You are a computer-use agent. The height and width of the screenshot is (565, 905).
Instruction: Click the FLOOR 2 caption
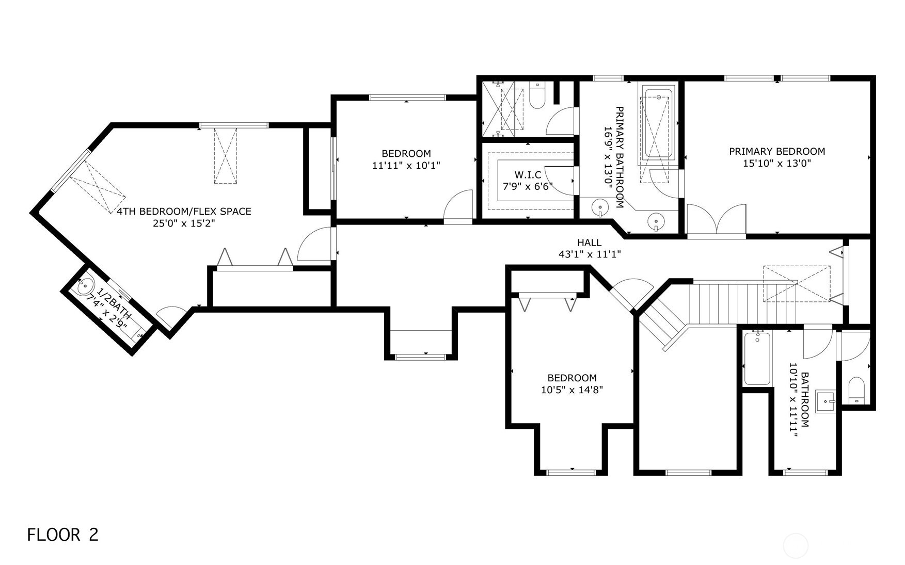[62, 535]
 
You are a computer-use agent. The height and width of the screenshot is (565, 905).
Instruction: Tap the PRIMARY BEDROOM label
[777, 151]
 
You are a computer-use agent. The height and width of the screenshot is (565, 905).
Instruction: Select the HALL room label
[589, 243]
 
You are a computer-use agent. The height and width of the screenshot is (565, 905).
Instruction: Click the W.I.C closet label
[528, 175]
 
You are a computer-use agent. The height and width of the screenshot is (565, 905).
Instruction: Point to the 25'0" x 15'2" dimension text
[184, 223]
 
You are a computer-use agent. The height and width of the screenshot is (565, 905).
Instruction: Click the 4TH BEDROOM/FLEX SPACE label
[184, 211]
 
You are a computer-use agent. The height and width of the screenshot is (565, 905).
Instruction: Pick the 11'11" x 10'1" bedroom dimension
[406, 166]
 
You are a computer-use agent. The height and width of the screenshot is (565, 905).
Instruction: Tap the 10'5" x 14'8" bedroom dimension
[572, 390]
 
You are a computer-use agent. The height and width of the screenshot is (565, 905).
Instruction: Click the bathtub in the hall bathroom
[757, 358]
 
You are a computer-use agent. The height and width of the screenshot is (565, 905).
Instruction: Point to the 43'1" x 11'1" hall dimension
[589, 254]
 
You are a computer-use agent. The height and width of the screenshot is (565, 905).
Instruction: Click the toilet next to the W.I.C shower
[537, 96]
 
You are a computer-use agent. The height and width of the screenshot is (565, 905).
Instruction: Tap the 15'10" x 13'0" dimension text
[777, 164]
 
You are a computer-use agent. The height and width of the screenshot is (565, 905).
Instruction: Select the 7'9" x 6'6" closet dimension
[528, 186]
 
